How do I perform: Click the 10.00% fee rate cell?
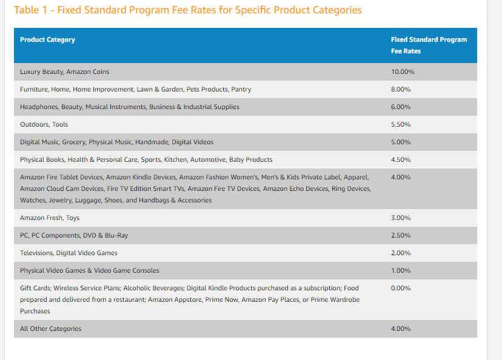[403, 72]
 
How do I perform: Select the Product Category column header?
[47, 39]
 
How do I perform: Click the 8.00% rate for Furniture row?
[401, 89]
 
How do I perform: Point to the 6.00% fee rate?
[401, 107]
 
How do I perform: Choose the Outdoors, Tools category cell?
[44, 124]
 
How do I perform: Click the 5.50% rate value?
[401, 124]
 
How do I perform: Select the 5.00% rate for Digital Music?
[401, 142]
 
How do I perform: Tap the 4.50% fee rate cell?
[401, 159]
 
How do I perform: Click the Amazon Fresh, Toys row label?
[50, 218]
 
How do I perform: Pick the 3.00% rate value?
[401, 218]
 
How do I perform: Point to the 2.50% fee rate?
[401, 235]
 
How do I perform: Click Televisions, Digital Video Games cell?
[69, 253]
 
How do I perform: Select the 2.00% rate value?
[401, 253]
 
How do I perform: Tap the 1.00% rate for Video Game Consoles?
[401, 270]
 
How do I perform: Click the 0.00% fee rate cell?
[401, 288]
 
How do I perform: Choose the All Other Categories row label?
[50, 328]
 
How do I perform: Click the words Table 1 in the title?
[30, 10]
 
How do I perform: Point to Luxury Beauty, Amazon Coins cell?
[64, 72]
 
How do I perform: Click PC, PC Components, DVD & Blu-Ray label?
[74, 235]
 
